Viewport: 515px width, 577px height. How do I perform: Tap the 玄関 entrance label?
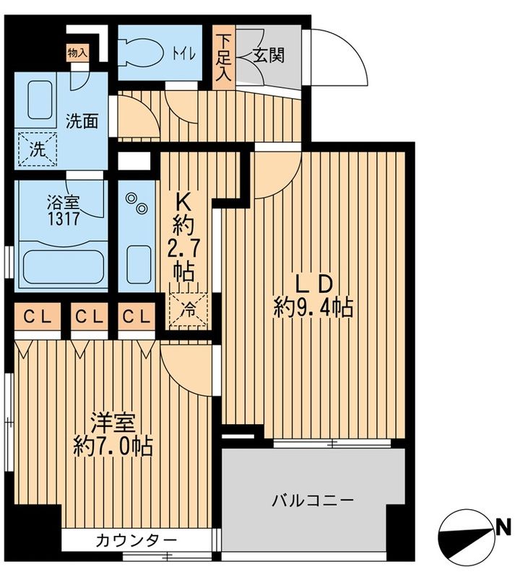tap(267, 56)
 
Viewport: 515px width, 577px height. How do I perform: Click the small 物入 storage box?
tap(77, 53)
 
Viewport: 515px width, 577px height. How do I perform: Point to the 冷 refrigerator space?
tap(188, 309)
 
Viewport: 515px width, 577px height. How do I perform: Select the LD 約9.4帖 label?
tap(313, 296)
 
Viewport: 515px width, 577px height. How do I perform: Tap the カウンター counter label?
tap(136, 540)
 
